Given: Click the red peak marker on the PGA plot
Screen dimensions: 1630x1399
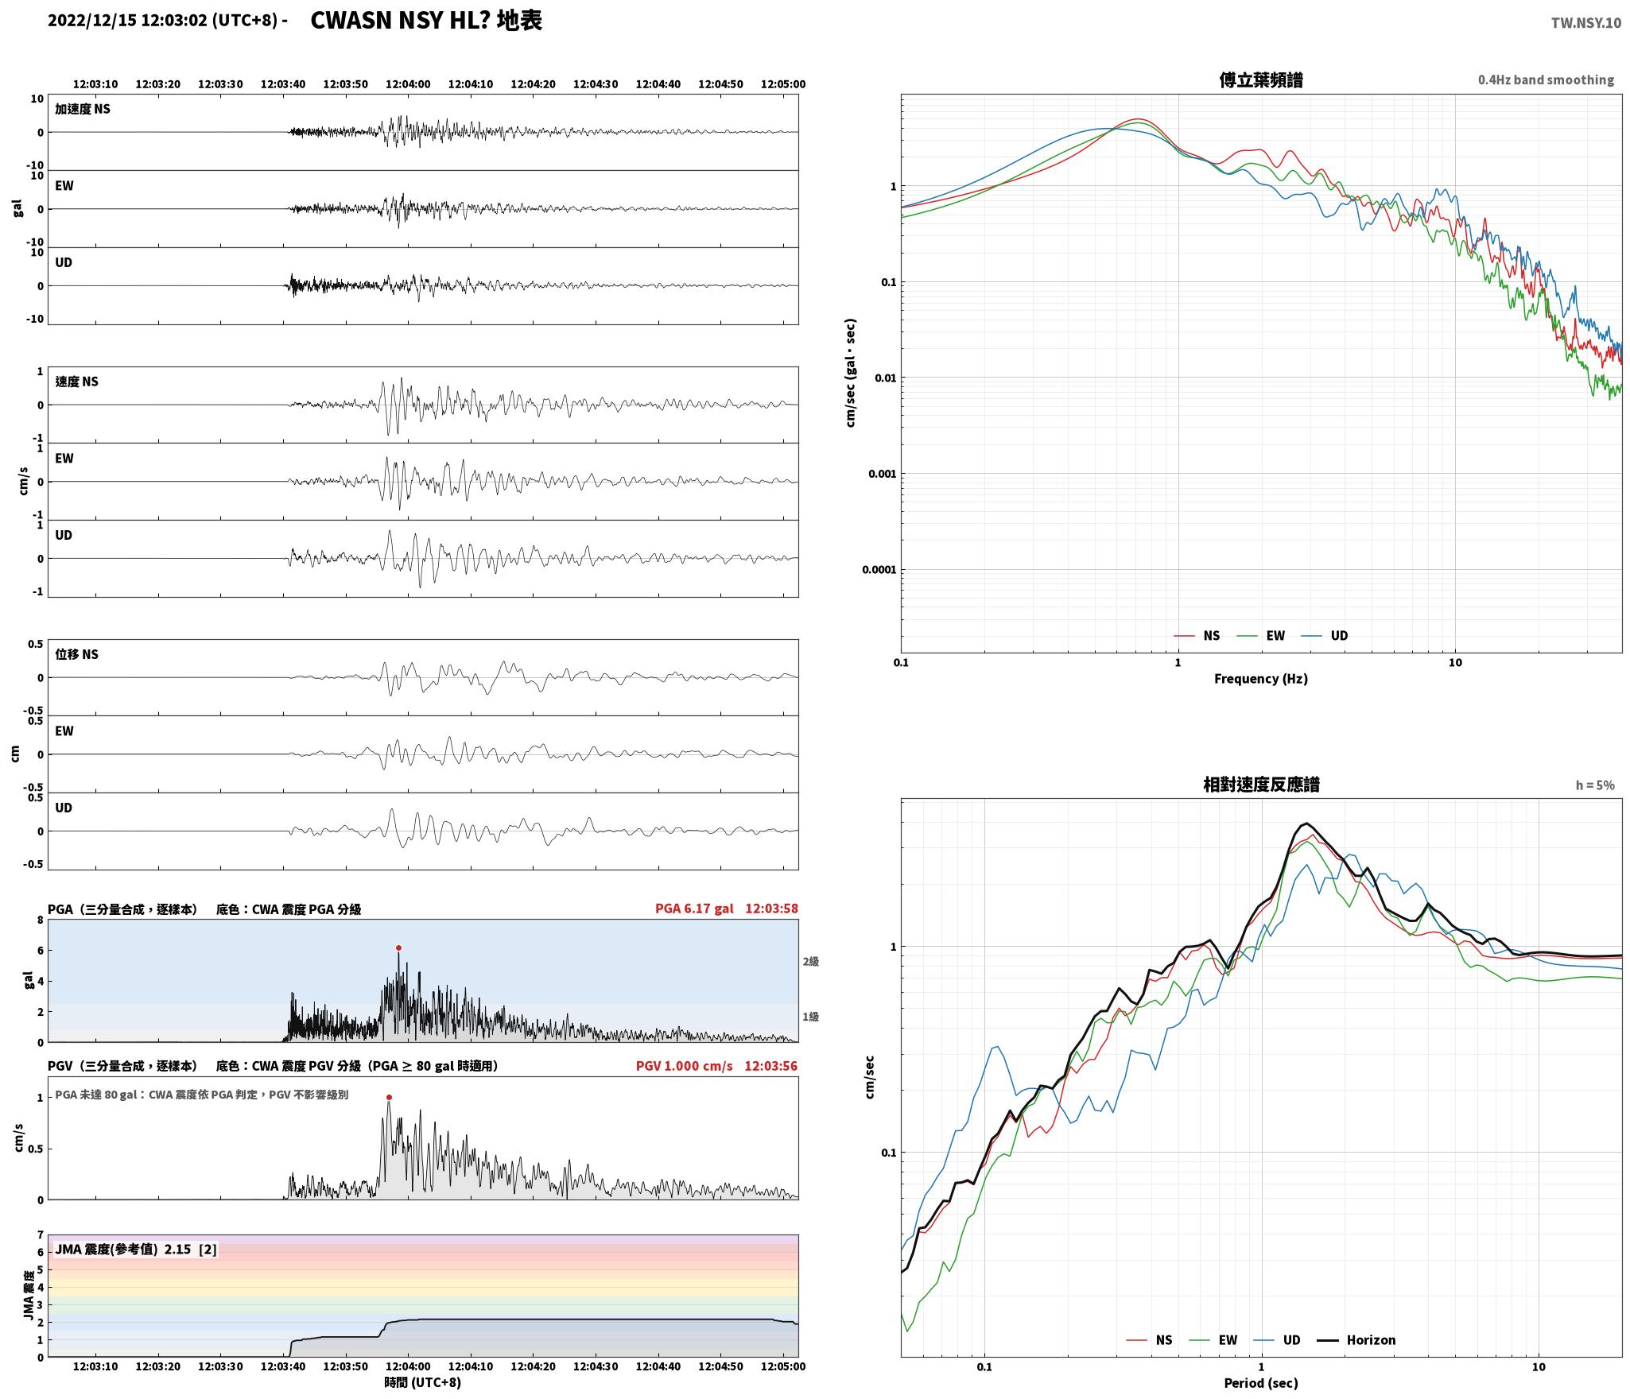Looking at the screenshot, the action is tap(398, 948).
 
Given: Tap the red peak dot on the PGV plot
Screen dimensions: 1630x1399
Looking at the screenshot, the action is tap(389, 1098).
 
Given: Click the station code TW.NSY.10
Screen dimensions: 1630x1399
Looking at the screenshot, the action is tap(1585, 23).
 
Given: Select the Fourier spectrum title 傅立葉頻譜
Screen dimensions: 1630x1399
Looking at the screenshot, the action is tap(1261, 80).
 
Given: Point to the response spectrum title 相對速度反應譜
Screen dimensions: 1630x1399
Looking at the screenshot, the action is tap(1261, 785).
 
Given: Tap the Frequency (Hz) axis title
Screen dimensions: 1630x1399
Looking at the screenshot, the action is tap(1261, 678).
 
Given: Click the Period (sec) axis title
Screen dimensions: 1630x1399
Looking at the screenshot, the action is tap(1261, 1383).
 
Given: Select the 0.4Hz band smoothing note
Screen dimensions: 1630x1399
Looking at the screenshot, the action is tap(1546, 80).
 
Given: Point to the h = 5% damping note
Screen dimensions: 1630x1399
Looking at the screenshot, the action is tap(1595, 785).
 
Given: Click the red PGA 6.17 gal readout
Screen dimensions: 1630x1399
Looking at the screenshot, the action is tap(694, 909).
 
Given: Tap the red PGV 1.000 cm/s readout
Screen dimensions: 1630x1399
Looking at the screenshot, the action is tap(684, 1066).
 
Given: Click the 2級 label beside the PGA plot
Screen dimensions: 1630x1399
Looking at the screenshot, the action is tap(810, 962).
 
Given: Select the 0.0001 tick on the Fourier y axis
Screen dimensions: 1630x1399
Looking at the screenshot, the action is tap(879, 570).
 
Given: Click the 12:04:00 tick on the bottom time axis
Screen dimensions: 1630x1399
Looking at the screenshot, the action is tap(408, 1366).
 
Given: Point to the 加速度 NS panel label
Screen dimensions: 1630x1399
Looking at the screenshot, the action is tap(83, 109).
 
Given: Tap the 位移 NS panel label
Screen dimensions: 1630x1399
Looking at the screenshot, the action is tap(77, 654).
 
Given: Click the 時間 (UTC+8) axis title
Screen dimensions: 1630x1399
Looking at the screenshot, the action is tap(423, 1382).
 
